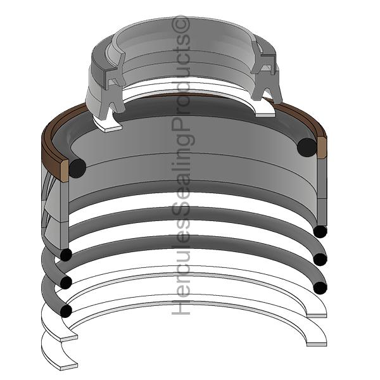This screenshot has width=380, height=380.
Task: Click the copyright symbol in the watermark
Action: click(x=181, y=25)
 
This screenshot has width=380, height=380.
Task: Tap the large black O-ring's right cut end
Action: click(x=307, y=147)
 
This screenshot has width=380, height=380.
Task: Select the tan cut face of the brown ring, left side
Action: click(x=65, y=171)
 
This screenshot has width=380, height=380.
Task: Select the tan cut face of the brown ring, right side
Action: click(x=322, y=148)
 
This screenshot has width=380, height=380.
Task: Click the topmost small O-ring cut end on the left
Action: click(x=66, y=255)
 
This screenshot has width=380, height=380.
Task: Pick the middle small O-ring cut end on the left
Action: click(x=66, y=282)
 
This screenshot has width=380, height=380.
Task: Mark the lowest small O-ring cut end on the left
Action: click(x=66, y=311)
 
